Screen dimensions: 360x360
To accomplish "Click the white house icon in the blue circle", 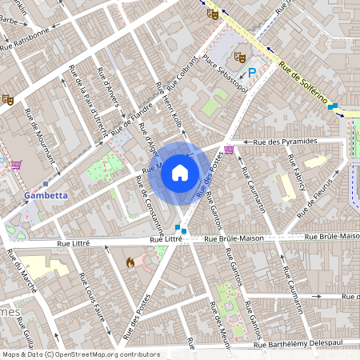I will (180, 172).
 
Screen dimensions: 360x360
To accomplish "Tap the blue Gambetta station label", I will (46, 194).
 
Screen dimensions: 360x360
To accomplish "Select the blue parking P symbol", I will (252, 73).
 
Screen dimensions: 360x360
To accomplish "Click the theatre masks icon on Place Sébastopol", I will (238, 58).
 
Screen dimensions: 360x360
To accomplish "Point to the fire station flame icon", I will (130, 262).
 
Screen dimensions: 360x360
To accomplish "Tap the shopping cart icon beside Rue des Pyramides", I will (230, 150).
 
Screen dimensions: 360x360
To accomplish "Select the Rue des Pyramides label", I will (285, 142).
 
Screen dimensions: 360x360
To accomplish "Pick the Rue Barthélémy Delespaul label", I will (297, 346).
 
